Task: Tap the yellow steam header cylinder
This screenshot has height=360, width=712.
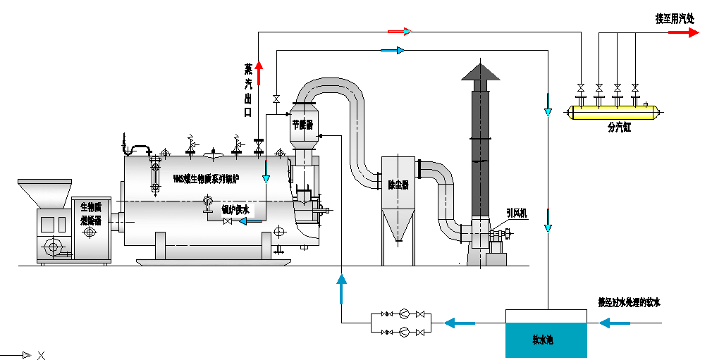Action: click(x=613, y=111)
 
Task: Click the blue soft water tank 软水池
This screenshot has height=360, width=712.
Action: click(x=546, y=339)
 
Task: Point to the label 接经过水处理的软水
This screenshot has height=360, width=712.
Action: click(x=629, y=302)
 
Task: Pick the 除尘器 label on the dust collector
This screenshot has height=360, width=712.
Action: click(x=398, y=185)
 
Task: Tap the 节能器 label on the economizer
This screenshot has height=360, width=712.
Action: click(x=304, y=124)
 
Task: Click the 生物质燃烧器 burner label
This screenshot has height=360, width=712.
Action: click(x=91, y=213)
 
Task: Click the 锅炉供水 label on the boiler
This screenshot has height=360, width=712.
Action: click(x=235, y=209)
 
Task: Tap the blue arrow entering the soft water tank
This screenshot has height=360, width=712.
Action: click(x=615, y=323)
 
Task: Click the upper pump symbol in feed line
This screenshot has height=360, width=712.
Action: click(x=403, y=314)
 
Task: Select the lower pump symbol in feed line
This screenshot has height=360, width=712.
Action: click(x=403, y=331)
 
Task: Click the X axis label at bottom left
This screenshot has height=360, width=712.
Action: click(x=41, y=355)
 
